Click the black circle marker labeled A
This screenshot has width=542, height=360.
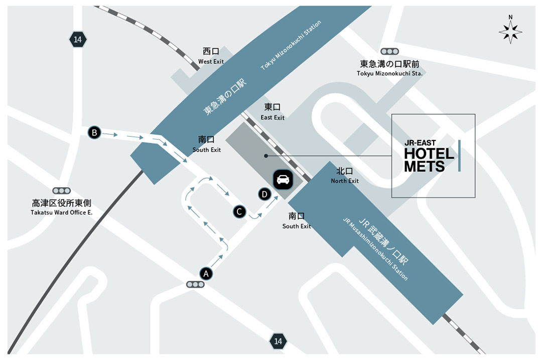point(206,274)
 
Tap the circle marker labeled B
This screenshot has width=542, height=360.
point(94,133)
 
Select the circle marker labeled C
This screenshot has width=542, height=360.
point(239,212)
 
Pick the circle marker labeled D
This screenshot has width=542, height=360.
point(264,194)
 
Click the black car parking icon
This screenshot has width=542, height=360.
point(283,179)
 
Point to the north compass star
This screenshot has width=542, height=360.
point(510,32)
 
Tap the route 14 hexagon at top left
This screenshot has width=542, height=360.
point(78,40)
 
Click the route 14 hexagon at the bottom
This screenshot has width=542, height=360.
point(278,341)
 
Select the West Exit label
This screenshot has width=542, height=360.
point(211,62)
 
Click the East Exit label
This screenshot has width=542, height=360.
point(273,117)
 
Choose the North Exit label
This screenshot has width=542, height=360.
point(345,181)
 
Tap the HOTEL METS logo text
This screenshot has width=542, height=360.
point(429,160)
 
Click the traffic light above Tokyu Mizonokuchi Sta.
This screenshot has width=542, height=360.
point(389,52)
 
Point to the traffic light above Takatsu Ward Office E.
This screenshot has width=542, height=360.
point(62,191)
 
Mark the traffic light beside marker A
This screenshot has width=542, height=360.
point(195,285)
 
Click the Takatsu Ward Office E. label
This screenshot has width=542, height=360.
point(62,212)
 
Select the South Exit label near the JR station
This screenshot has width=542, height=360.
point(297,226)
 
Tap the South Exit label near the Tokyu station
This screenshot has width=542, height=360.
point(207,150)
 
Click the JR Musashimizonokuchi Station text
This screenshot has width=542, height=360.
point(375,249)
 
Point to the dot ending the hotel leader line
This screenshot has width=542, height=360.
point(266,156)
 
